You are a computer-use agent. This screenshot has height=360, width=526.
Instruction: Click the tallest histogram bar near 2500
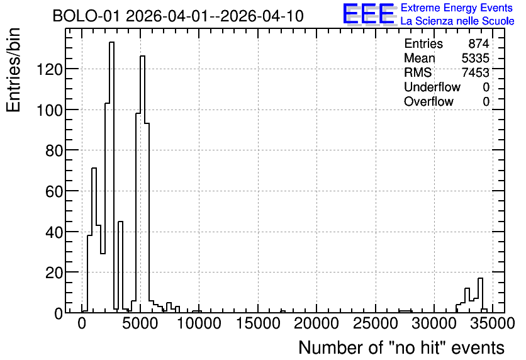(112, 177)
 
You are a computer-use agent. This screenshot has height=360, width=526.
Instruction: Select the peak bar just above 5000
(143, 184)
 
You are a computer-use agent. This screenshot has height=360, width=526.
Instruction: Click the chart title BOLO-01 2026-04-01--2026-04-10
(178, 16)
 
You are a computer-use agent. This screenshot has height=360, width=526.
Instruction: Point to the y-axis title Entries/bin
(13, 70)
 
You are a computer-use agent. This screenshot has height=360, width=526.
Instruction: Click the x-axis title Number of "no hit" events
(401, 347)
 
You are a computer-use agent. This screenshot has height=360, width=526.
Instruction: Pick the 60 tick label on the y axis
(54, 192)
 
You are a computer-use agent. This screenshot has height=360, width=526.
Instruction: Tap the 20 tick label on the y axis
(54, 273)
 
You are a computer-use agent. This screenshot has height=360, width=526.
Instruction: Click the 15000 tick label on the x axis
(258, 323)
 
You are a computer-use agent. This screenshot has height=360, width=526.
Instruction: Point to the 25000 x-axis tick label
(376, 323)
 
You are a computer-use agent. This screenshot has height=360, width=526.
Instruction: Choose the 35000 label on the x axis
(493, 323)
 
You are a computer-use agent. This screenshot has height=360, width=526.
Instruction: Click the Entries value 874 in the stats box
(479, 43)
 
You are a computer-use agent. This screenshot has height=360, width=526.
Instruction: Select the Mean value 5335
(475, 58)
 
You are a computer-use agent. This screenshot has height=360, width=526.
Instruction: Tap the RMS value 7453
(475, 72)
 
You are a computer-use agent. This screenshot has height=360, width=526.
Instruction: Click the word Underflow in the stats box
(432, 87)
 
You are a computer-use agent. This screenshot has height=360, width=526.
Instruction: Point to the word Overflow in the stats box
(428, 101)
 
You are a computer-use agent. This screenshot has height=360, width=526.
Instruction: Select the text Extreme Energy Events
(457, 8)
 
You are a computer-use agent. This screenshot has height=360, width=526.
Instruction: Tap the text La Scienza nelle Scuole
(457, 21)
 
